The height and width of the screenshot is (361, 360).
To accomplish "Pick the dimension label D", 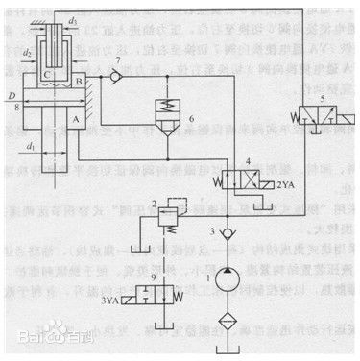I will [10, 96].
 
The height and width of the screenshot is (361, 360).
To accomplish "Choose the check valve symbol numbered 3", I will [223, 234].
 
